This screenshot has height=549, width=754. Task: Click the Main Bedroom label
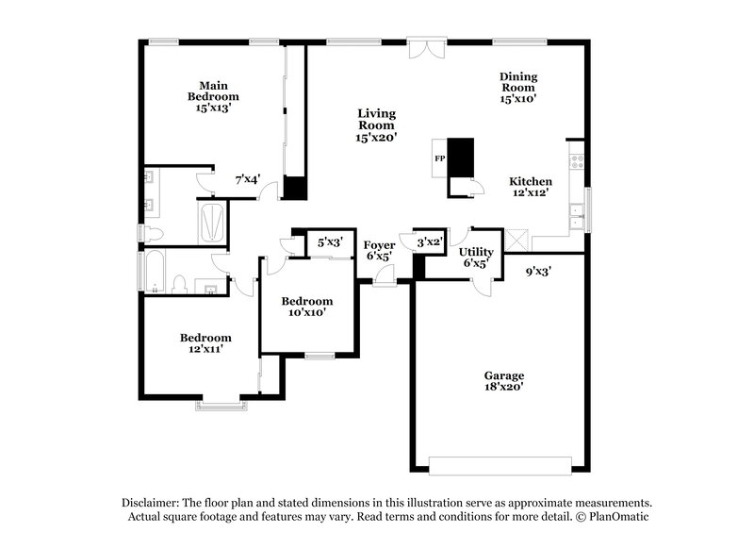pos(212,96)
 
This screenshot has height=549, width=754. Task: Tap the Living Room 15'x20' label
pos(375,125)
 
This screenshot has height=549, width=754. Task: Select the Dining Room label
pos(517,87)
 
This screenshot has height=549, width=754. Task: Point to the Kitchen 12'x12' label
pos(531,187)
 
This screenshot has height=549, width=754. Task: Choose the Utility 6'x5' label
pos(476,258)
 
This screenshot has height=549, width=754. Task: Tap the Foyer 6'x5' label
pos(379,250)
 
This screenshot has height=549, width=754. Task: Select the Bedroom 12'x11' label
pos(205,343)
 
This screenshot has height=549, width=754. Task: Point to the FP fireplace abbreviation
pos(439,158)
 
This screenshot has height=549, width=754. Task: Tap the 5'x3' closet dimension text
pos(329,242)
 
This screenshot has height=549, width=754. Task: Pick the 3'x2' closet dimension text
pos(430,241)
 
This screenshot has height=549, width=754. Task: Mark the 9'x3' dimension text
pos(538,272)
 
